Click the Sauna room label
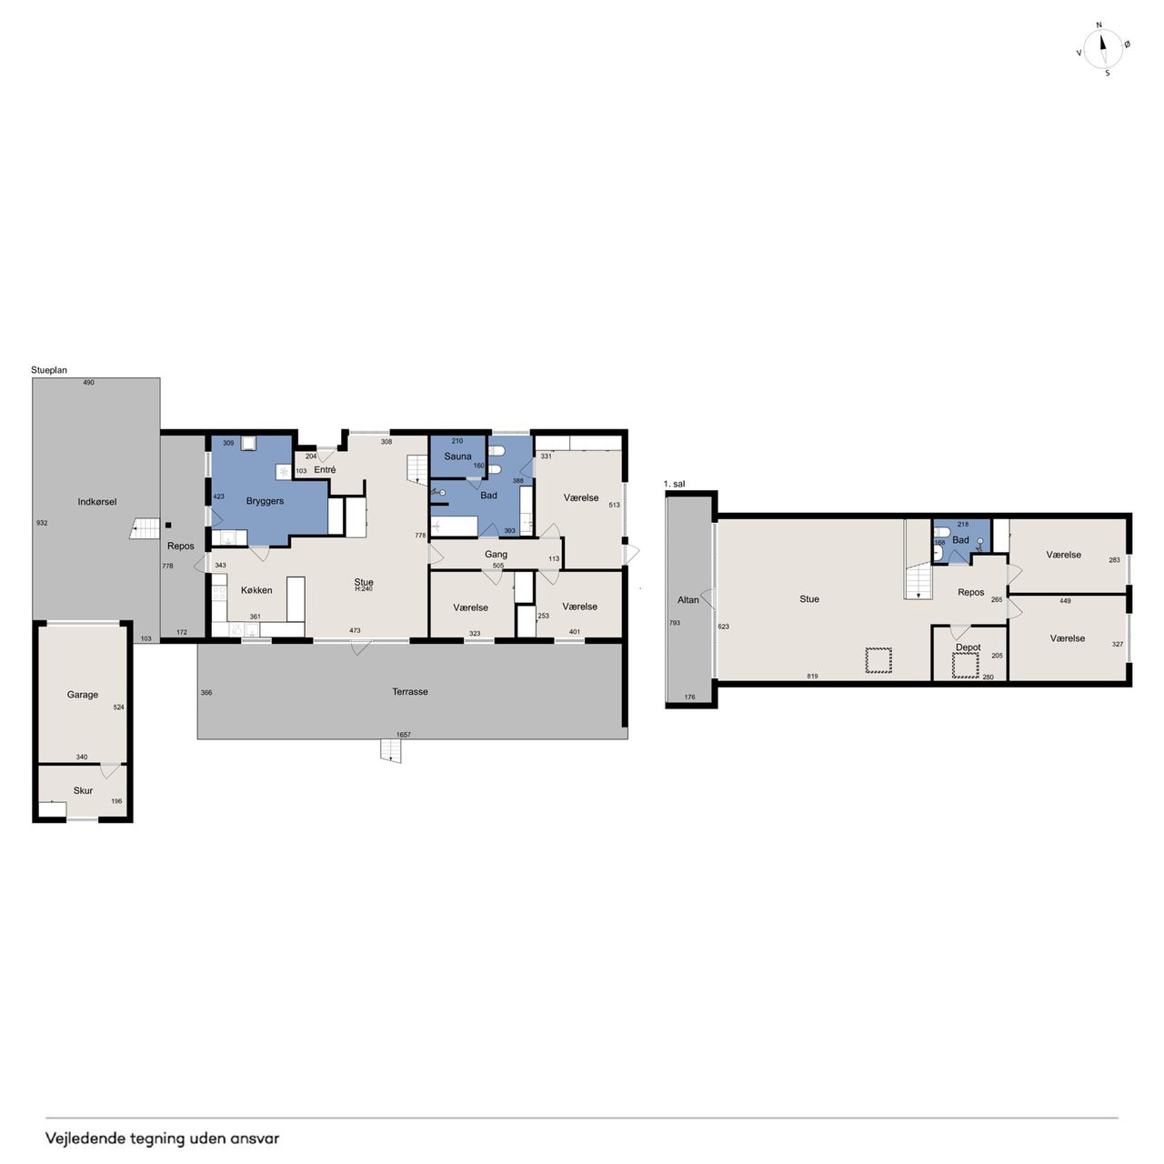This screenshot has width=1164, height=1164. click(457, 457)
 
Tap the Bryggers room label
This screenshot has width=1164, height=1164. click(265, 501)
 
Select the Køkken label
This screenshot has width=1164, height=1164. click(256, 590)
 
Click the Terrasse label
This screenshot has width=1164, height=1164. click(409, 692)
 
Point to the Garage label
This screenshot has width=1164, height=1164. click(82, 695)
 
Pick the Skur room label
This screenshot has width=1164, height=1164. click(83, 790)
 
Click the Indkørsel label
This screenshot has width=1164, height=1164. click(96, 501)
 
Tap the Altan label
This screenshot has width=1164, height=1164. click(688, 600)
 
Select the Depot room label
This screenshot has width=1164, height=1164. click(968, 647)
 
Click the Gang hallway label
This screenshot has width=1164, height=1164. click(496, 555)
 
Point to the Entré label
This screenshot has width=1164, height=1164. click(325, 469)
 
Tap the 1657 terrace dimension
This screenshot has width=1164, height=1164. click(404, 735)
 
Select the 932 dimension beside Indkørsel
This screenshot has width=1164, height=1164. click(42, 523)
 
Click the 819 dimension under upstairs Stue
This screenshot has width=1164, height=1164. click(812, 676)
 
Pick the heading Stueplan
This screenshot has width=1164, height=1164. click(49, 370)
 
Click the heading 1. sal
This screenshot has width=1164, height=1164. click(674, 484)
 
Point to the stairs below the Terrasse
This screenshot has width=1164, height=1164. click(391, 750)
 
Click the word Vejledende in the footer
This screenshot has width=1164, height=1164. click(85, 1139)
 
